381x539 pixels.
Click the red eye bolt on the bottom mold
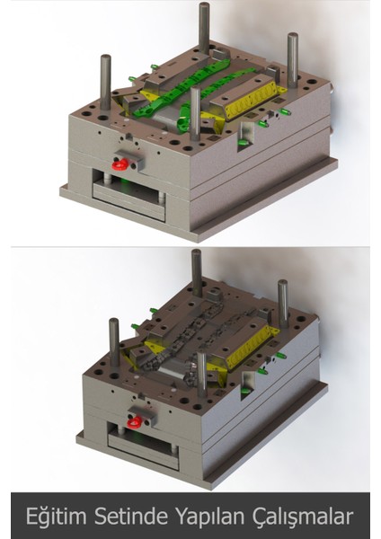[134, 420]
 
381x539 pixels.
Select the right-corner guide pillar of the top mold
[292, 58]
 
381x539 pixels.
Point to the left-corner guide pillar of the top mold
[105, 81]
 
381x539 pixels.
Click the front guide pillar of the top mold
[195, 112]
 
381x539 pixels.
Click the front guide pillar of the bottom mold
[202, 368]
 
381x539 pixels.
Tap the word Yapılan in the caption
[214, 516]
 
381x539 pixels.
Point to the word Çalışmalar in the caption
[303, 516]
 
